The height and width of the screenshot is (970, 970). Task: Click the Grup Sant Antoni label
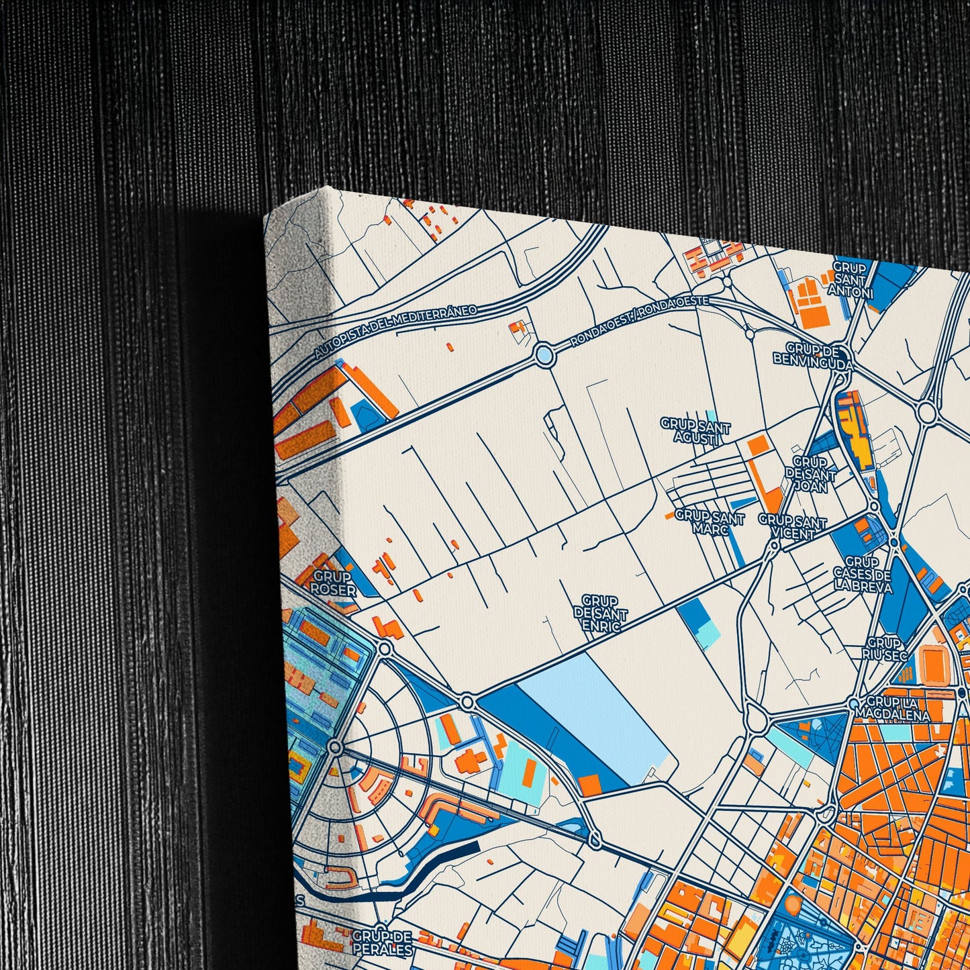click(851, 279)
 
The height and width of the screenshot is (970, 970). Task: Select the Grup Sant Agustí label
click(695, 432)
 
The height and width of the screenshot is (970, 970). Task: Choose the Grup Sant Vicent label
click(792, 527)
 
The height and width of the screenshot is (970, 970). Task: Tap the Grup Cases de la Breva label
click(862, 575)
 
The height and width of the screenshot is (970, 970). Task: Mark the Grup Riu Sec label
click(886, 648)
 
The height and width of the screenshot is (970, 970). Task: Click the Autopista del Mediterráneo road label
click(395, 332)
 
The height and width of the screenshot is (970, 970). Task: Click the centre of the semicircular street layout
click(336, 747)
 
